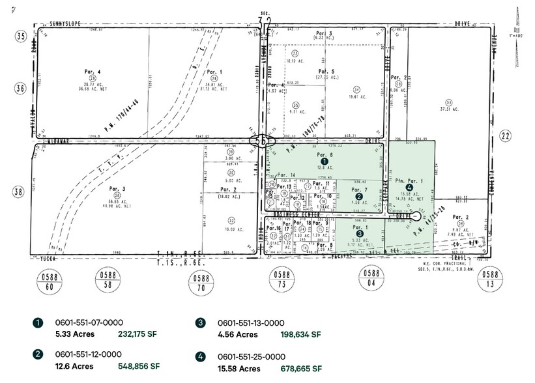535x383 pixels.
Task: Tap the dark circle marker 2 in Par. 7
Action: (x=358, y=196)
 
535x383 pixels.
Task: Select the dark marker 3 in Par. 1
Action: (x=359, y=233)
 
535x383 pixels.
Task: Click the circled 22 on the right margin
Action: (x=504, y=135)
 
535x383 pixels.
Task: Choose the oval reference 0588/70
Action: (x=198, y=279)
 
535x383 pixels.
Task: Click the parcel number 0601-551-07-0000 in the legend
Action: (x=89, y=322)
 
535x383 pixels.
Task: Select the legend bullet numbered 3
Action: (x=201, y=323)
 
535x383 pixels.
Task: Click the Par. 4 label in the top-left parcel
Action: (x=92, y=71)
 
